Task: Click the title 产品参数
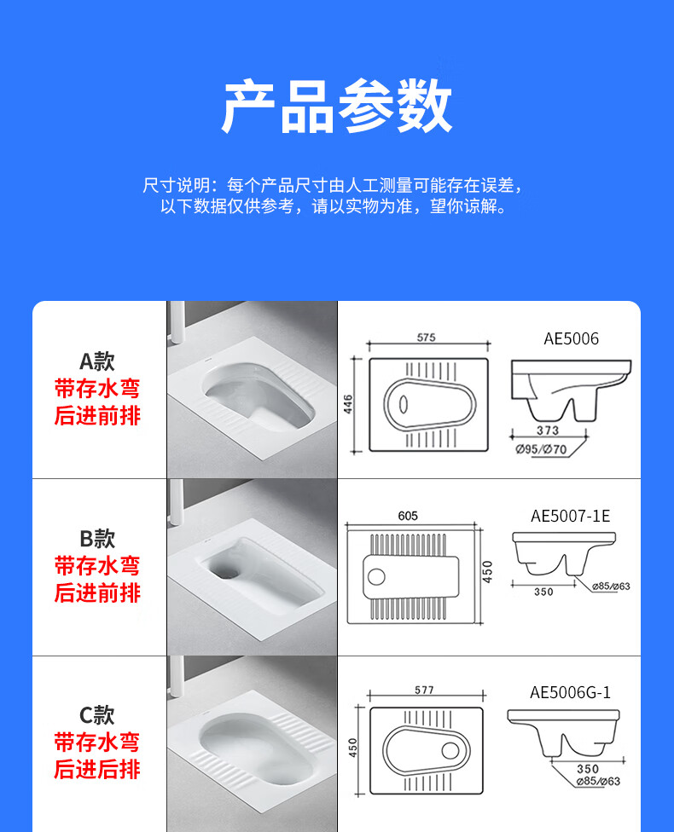pos(337,106)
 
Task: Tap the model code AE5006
pos(571,338)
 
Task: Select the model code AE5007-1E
pos(571,516)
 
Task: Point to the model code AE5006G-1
pos(571,692)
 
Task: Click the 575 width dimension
pos(426,338)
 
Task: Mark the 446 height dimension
pos(348,404)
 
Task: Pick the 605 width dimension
pos(408,516)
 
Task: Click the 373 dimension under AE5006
pos(548,430)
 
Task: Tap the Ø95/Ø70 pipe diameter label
pos(541,449)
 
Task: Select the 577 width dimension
pos(424,690)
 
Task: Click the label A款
pos(97,362)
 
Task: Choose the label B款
pos(97,539)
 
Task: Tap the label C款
pos(97,715)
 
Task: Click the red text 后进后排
pos(97,770)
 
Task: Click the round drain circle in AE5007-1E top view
pos(376,576)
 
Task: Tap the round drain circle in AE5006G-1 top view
pos(450,750)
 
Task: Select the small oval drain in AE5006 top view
pos(404,404)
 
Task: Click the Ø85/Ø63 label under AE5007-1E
pos(611,586)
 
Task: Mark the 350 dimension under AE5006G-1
pos(588,769)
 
